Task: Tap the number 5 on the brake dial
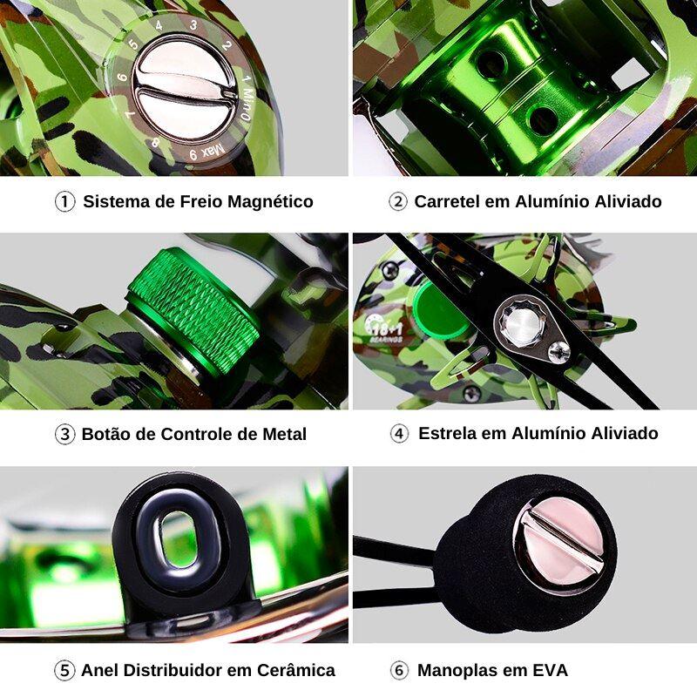(x=132, y=43)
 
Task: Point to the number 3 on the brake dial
(x=193, y=25)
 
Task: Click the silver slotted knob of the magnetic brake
(x=186, y=91)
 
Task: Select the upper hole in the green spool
(x=492, y=64)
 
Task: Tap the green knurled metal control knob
(x=195, y=309)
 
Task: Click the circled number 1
(x=65, y=201)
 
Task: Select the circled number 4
(x=399, y=434)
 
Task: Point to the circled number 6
(x=399, y=670)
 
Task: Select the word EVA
(x=548, y=670)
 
